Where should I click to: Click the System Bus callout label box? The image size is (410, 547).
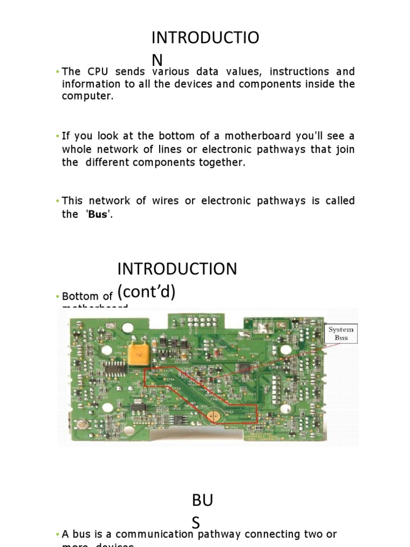[x=341, y=333]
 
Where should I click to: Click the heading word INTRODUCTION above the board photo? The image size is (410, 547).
[x=177, y=269]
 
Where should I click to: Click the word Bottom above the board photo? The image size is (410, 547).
[x=81, y=296]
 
